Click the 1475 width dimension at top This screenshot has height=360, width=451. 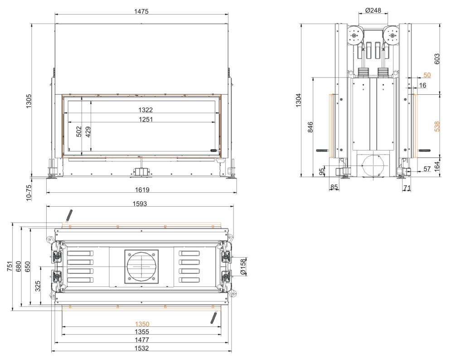click(141, 11)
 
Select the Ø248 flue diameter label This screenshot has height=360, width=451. click(373, 10)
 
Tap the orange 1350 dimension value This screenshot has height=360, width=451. click(142, 324)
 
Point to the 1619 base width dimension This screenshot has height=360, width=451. click(142, 190)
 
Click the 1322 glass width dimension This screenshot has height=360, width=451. click(145, 110)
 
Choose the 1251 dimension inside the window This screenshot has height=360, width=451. click(146, 119)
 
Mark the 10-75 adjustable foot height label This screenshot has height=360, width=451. click(29, 193)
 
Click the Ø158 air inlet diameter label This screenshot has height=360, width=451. click(243, 267)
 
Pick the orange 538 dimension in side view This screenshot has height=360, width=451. click(437, 126)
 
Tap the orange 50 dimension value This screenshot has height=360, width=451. click(427, 75)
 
